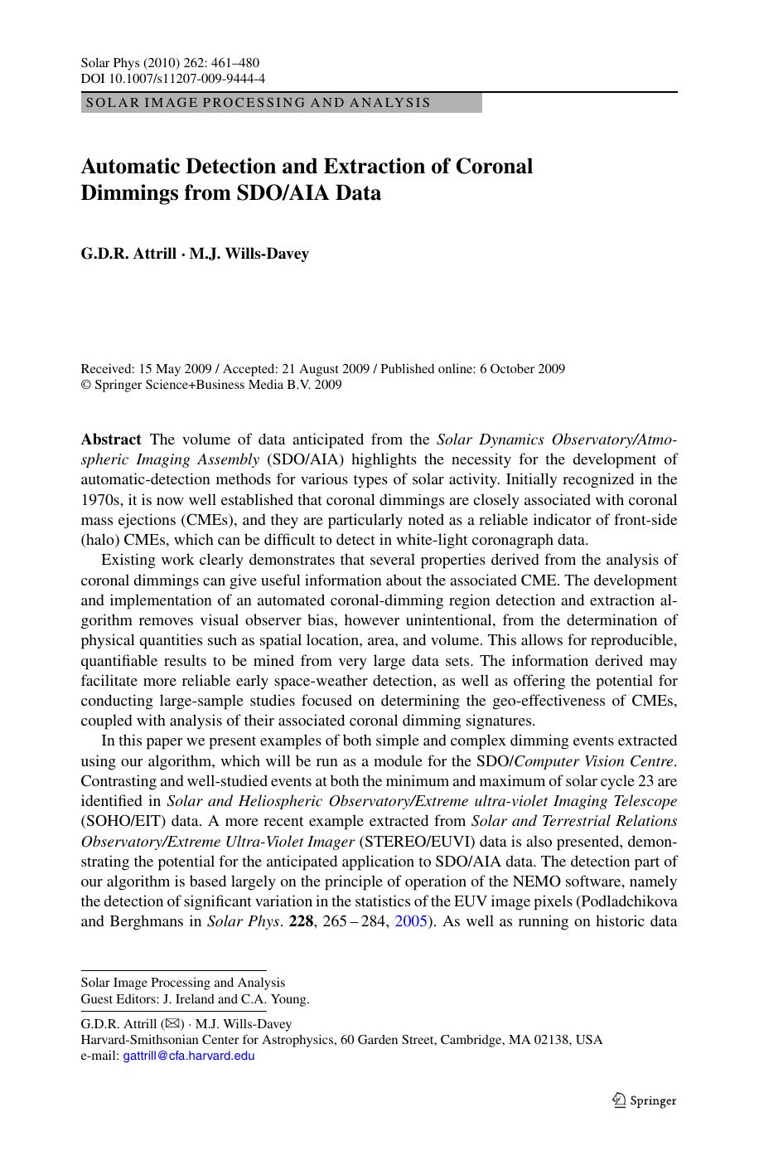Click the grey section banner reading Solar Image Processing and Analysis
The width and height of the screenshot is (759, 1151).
point(281,103)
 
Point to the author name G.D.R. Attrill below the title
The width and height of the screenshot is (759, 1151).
point(128,254)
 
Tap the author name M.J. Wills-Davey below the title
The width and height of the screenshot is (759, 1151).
point(249,254)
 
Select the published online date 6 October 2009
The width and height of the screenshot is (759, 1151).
point(522,369)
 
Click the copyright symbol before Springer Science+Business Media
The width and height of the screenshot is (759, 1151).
point(85,385)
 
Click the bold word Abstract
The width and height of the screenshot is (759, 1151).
point(111,440)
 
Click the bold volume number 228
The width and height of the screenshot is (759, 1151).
point(300,921)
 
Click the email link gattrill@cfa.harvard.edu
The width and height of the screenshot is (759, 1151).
point(188,1056)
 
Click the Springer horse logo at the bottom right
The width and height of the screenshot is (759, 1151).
point(618,1100)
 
